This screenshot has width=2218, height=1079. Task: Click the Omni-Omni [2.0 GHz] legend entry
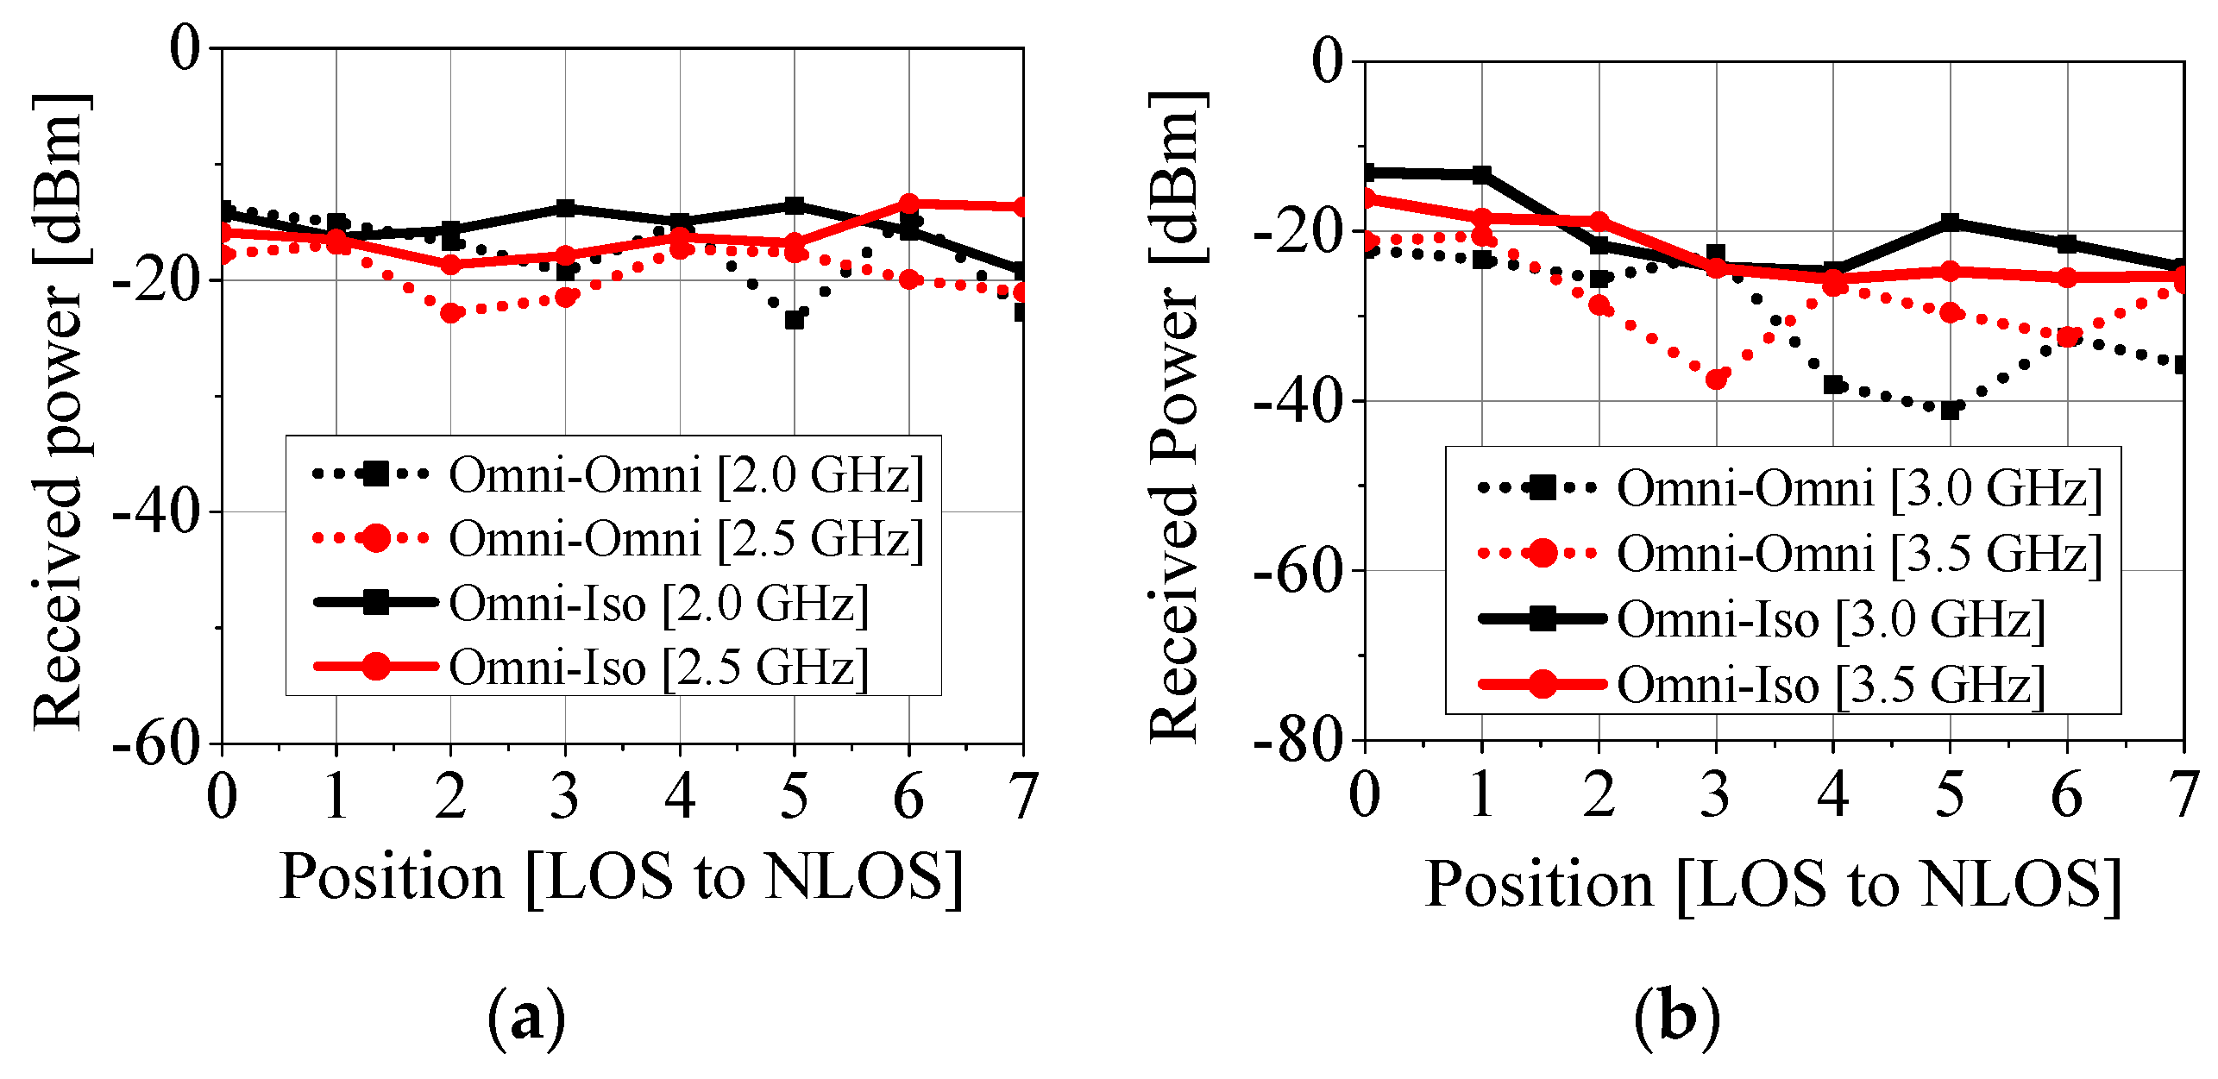pos(617,475)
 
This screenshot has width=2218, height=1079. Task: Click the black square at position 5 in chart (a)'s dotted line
pos(795,320)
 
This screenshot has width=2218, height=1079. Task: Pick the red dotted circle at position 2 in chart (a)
pos(450,312)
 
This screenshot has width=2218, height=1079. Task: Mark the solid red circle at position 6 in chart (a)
pos(908,204)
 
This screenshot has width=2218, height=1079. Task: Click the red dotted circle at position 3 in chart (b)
pos(1716,379)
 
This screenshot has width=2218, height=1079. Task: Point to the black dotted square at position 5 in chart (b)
pos(1950,411)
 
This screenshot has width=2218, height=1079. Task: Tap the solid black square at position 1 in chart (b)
pos(1482,175)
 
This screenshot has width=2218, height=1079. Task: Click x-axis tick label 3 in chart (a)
pos(565,796)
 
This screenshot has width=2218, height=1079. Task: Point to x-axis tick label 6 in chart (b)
pos(2067,794)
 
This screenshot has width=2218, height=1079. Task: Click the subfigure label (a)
pos(527,1019)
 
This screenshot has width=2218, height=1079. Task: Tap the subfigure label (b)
pos(1676,1019)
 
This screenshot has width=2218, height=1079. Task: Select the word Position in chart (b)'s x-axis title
pos(1538,885)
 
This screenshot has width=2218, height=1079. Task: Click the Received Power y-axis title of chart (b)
pos(1177,414)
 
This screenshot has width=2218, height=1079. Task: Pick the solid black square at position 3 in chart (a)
pos(565,208)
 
